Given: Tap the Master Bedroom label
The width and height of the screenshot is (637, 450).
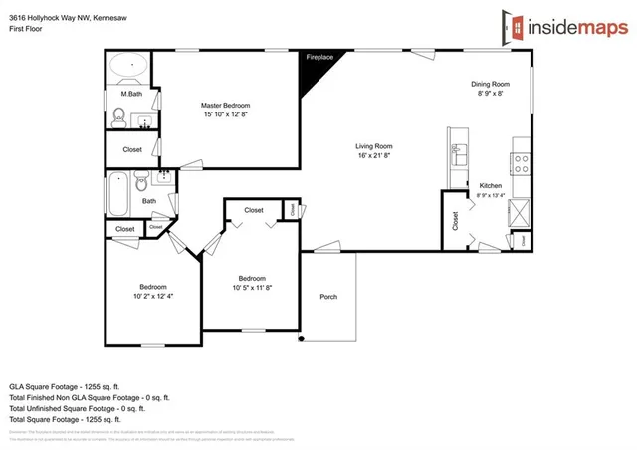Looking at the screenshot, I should (225, 105).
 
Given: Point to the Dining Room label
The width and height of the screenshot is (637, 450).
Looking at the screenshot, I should (490, 84).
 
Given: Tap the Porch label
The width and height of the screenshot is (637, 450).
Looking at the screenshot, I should (327, 297).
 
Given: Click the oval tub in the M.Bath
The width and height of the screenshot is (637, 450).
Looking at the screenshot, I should (127, 68).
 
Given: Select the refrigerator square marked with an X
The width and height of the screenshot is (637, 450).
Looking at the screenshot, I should (519, 212).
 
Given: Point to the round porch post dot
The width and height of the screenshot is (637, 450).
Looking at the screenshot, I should (301, 339).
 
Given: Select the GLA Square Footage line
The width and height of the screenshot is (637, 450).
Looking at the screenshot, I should (64, 385).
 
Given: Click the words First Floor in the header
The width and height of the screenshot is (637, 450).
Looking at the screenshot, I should (24, 30).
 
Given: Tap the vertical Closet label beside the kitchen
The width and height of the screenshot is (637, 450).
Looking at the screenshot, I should (456, 219).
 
